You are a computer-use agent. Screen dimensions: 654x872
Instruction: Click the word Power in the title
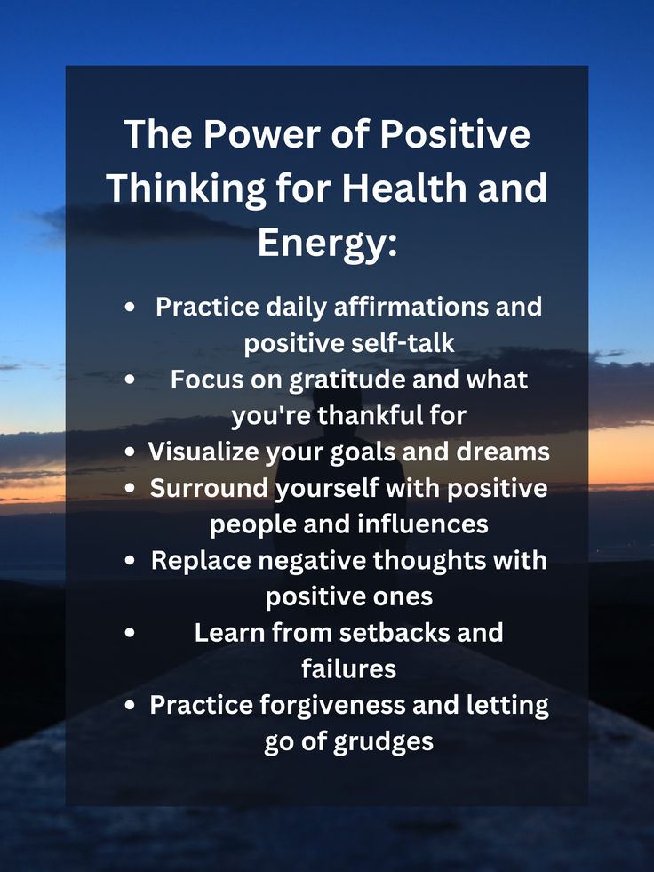click(x=261, y=134)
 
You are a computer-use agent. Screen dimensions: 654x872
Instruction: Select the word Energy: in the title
click(x=327, y=244)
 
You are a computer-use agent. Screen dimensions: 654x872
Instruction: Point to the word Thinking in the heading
click(x=186, y=189)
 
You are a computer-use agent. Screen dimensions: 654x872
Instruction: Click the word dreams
click(x=503, y=452)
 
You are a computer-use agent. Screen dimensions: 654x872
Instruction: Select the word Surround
click(x=209, y=488)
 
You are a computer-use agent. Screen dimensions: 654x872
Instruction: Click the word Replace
click(x=201, y=561)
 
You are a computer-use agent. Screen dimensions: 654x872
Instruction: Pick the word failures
click(x=348, y=668)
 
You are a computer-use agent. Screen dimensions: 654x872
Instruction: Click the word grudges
click(x=383, y=742)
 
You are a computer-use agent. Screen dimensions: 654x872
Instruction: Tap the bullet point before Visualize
click(x=130, y=452)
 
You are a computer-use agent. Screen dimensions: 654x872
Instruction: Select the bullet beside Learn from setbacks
click(x=130, y=633)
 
